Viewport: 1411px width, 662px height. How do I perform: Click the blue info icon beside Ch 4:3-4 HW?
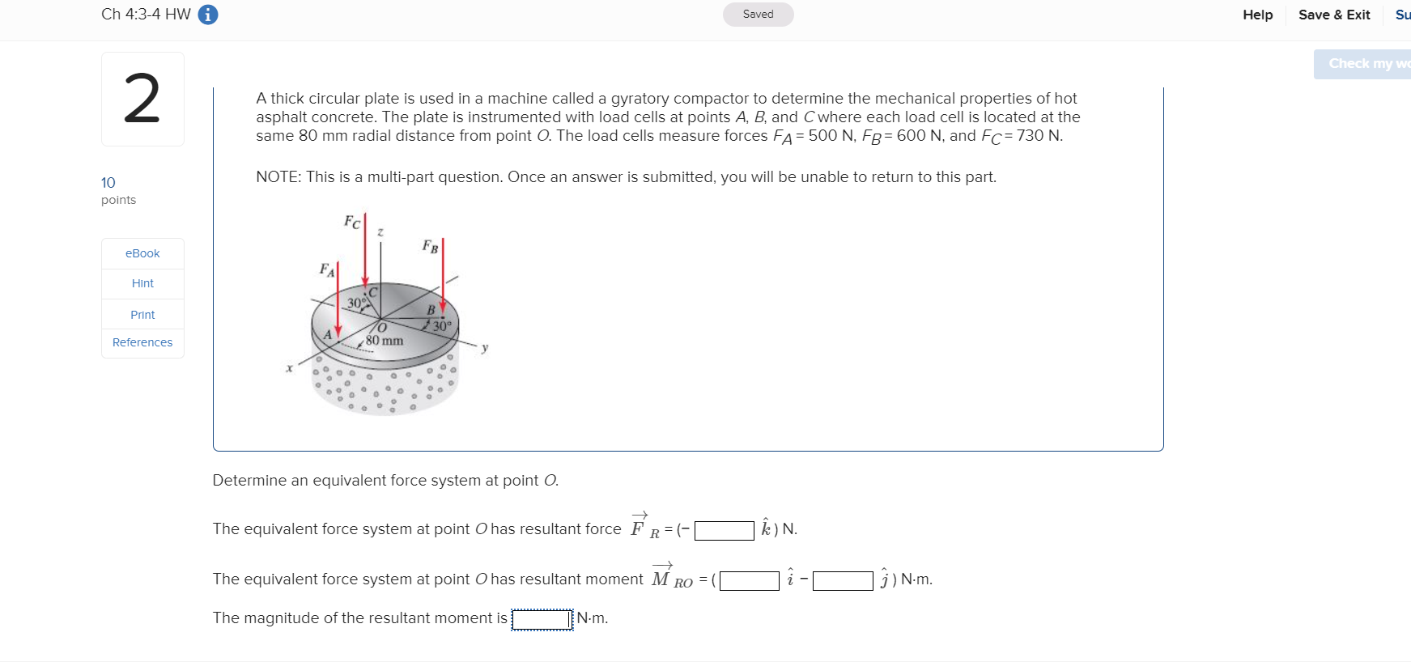(x=208, y=15)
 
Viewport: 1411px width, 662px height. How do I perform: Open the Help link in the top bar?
(x=1257, y=15)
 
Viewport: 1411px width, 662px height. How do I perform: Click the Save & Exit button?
(x=1333, y=15)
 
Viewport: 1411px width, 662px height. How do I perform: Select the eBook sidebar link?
(x=142, y=253)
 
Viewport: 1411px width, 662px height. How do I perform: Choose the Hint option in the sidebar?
(x=142, y=283)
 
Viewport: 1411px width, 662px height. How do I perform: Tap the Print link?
(x=142, y=315)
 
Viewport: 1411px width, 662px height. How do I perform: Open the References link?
(x=142, y=342)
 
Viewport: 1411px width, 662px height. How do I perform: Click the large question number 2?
(x=142, y=99)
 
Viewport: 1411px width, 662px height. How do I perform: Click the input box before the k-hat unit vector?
(x=724, y=530)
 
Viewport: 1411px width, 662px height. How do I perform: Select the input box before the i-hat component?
(x=749, y=580)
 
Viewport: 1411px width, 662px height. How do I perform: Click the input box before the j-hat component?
(x=842, y=580)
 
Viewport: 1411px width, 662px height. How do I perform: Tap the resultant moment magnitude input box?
(x=542, y=619)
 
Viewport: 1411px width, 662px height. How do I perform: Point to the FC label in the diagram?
(x=352, y=222)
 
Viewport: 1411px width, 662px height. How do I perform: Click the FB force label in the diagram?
(x=430, y=246)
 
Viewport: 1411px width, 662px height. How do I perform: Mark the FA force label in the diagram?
(x=326, y=269)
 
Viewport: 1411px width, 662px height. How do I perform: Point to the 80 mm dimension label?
(x=384, y=341)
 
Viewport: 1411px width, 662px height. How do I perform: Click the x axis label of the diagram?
(x=289, y=368)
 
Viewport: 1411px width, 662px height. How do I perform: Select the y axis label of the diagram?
(x=484, y=348)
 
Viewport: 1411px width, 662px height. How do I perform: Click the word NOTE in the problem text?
(x=276, y=177)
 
